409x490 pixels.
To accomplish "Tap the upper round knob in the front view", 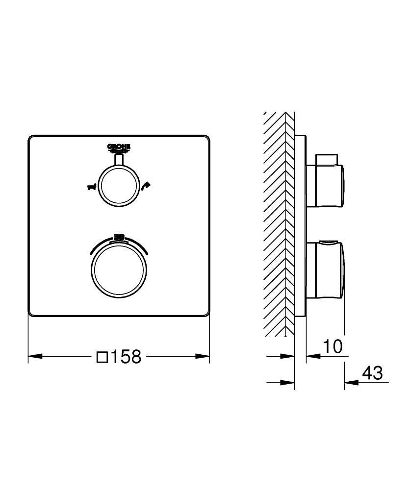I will (x=119, y=187).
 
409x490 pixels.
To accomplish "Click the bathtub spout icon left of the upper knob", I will (x=91, y=187).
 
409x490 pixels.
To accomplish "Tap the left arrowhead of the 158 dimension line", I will (x=33, y=356).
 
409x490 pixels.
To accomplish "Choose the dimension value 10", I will (x=332, y=346).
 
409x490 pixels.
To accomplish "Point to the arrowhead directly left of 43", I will (x=349, y=382).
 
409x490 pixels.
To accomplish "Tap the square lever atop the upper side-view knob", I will (x=328, y=159).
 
